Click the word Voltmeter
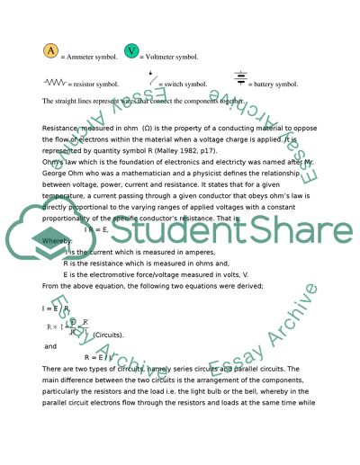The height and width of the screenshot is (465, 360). (x=162, y=56)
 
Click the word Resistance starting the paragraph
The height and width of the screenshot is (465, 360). (x=61, y=129)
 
